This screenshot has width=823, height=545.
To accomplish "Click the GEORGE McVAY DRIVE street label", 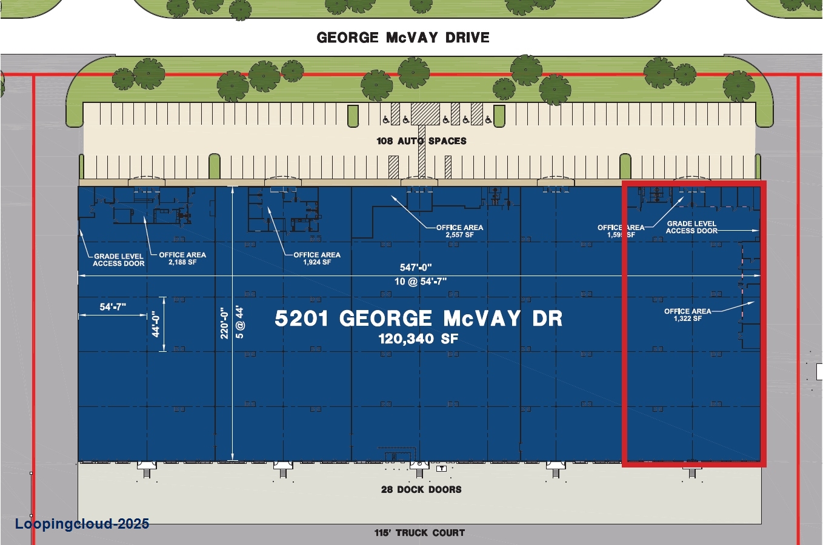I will (403, 38).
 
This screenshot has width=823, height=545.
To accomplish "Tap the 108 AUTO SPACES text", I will (421, 141).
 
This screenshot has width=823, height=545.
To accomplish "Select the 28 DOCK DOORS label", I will (421, 489).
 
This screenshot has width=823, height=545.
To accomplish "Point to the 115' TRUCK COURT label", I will (419, 533).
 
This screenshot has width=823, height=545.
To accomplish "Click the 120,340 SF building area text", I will (418, 339).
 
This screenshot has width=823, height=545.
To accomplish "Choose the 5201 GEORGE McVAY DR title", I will (418, 319).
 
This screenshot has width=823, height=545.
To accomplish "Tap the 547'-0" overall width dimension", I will (416, 268).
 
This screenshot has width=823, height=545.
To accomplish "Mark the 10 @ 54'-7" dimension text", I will (420, 282).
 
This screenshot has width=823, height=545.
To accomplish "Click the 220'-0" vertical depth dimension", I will (224, 323).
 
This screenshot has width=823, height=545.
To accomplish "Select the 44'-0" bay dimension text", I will (156, 325).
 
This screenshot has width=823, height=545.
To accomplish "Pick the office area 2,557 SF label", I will (459, 231).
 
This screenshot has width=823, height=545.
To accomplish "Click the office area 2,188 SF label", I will (182, 259).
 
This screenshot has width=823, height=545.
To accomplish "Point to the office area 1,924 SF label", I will (317, 259).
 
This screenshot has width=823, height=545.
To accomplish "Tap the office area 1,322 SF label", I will (687, 315).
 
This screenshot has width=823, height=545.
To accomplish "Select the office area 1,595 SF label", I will (621, 231).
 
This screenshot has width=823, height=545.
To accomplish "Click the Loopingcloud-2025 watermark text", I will (82, 524).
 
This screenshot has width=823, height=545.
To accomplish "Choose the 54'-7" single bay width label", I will (113, 307).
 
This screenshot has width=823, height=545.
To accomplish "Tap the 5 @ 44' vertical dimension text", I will (239, 322).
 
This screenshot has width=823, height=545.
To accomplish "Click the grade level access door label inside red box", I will (691, 227).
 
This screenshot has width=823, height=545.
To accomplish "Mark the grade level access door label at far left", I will (119, 260).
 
